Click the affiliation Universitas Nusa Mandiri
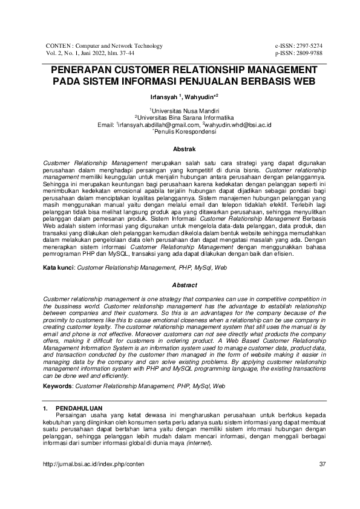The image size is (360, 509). (181, 111)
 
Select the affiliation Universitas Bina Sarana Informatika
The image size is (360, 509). (181, 118)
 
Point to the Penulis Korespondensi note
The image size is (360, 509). (181, 131)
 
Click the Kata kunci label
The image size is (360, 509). (59, 267)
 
